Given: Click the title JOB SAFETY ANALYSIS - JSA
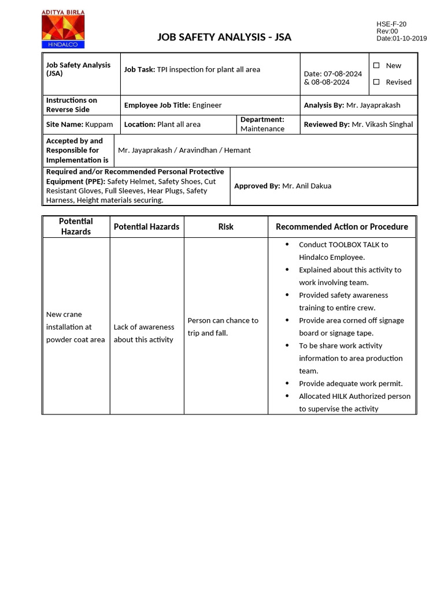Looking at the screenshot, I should click(224, 38).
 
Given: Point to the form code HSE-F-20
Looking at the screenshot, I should click(391, 24).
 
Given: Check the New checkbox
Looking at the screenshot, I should click(376, 66).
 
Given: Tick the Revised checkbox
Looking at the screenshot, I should click(376, 82).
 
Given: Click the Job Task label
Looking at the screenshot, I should click(139, 69).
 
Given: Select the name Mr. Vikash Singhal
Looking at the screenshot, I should click(382, 124).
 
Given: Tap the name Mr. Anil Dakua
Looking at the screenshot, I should click(306, 186).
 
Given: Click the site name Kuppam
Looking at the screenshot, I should click(97, 124).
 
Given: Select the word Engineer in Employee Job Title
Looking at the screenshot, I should click(207, 105).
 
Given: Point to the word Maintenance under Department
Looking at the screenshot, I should click(262, 129).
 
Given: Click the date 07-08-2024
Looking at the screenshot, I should click(343, 74).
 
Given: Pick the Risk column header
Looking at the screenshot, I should click(225, 227).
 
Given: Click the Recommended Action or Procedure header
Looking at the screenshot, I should click(342, 227).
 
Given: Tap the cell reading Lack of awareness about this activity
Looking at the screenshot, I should click(144, 333).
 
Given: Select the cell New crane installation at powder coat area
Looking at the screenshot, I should click(75, 327).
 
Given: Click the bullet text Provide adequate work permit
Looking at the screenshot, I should click(350, 383).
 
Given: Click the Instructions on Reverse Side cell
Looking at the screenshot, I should click(72, 104).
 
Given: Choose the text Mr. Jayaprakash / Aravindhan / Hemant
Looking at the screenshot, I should click(184, 150).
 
